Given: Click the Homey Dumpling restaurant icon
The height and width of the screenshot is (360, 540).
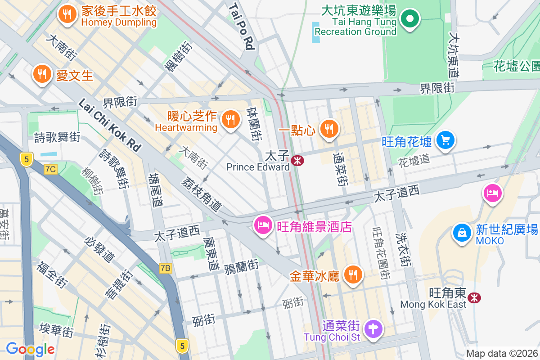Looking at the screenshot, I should pos(67,14).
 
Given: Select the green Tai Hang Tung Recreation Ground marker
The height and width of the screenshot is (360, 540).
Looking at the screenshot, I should pos(410,19).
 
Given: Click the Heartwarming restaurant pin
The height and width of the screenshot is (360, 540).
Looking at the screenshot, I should pos(230,120).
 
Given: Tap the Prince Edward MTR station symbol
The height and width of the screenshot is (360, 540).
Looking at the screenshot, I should pos(297,160).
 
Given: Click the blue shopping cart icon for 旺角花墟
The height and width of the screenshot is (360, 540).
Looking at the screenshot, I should pos(445,140).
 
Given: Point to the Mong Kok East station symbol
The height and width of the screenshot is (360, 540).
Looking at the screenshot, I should pos(473,297).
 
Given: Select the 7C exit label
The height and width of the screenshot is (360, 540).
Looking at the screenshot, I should pos(51,169).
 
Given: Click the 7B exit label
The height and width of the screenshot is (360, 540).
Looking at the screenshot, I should pos(166,269).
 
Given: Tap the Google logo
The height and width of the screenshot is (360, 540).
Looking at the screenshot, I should pos(30,349).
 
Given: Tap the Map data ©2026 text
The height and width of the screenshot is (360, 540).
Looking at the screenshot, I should pos(502,354).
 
